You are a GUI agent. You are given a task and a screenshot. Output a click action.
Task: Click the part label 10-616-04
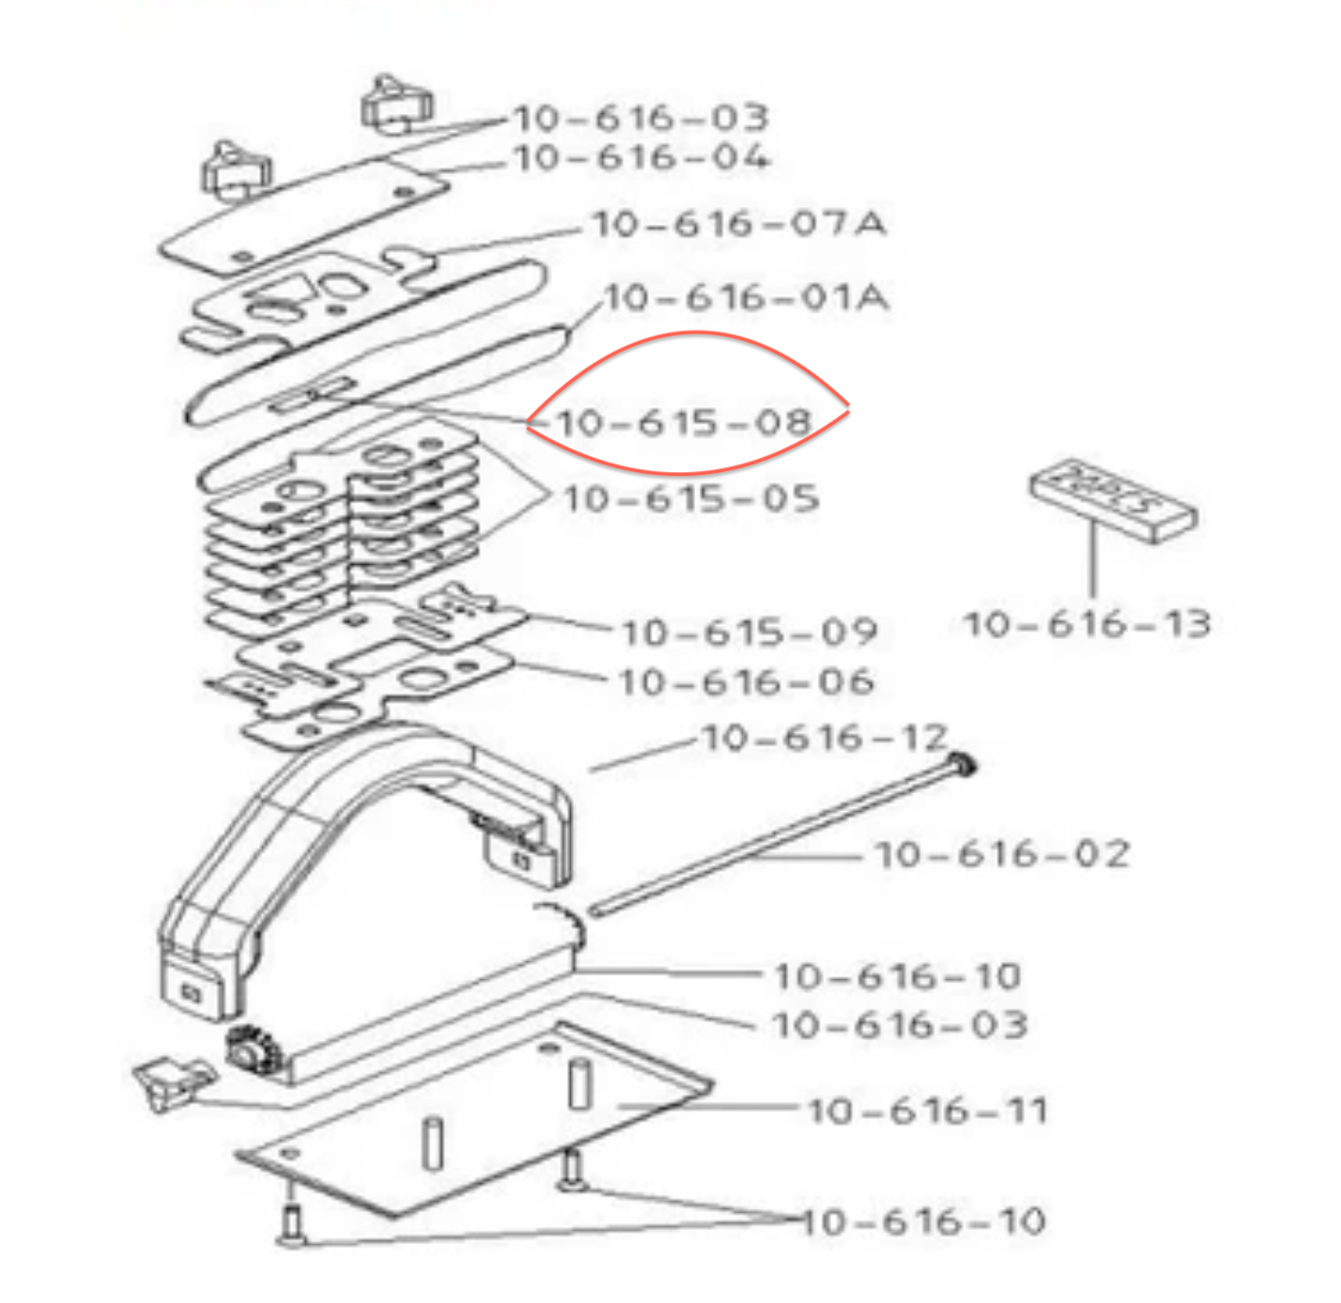point(641,158)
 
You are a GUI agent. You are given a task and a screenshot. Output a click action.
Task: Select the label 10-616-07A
point(738,224)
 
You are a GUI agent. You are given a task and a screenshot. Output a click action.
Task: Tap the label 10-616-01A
point(746,298)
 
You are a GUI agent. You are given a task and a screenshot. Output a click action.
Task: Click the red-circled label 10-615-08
point(685,422)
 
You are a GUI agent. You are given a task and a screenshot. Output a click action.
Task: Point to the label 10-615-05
point(690,499)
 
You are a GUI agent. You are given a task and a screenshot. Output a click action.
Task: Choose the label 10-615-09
point(748,632)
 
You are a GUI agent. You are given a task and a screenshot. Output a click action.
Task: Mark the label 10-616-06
point(746,682)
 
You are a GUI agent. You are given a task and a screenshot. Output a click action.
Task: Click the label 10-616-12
point(824,738)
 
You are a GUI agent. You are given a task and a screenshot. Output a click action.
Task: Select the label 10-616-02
point(1002,854)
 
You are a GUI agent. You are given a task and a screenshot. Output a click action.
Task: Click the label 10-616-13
point(1086,624)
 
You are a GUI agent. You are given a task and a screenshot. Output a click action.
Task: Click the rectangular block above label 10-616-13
point(1113,500)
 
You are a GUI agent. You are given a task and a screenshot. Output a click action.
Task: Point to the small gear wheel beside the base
point(248,1053)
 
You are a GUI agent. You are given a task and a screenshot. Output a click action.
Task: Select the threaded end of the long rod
point(961,764)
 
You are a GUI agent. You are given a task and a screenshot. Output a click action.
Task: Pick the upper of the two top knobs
point(396,104)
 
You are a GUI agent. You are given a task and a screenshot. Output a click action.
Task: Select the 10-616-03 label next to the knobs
point(641,118)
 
